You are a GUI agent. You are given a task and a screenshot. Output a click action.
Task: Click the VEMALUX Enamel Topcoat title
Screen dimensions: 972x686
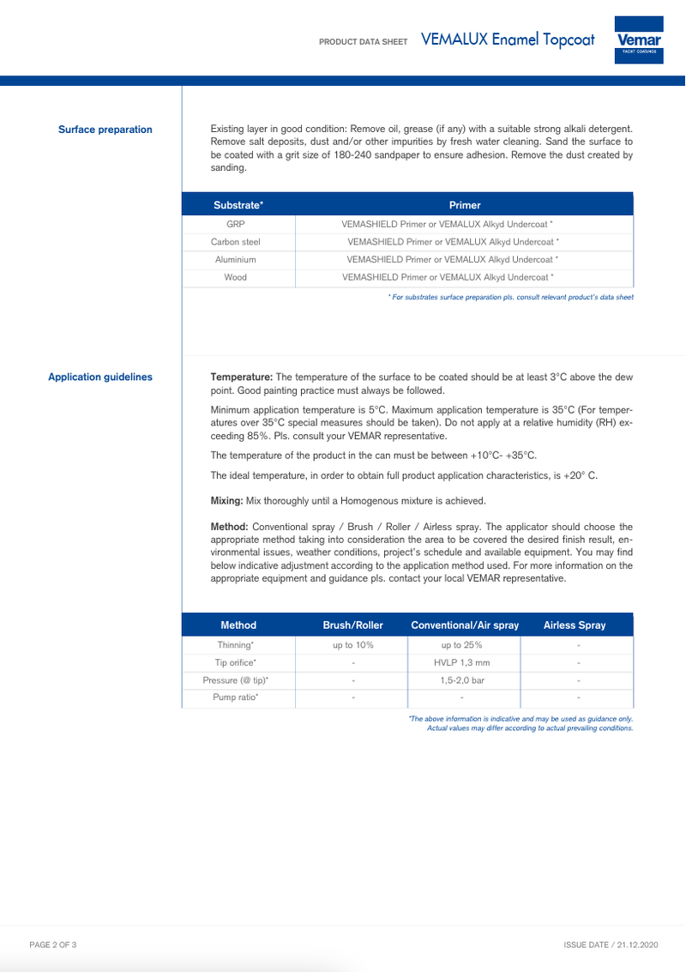(x=508, y=40)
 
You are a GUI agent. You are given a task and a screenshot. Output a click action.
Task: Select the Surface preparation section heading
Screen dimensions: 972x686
(x=105, y=130)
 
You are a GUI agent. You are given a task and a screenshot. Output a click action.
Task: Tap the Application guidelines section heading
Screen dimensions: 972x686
(x=100, y=377)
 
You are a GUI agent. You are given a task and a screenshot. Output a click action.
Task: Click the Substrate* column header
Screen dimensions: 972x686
(x=238, y=205)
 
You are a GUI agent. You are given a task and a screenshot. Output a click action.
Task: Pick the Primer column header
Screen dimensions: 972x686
(x=465, y=205)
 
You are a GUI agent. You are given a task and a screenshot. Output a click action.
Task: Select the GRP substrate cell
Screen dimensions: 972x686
(x=235, y=224)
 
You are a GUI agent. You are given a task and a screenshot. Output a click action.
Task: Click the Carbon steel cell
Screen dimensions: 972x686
(x=235, y=242)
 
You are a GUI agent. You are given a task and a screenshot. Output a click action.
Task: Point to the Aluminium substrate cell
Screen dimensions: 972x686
(x=235, y=259)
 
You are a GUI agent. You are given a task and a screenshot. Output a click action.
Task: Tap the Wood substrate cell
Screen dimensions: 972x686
(x=235, y=277)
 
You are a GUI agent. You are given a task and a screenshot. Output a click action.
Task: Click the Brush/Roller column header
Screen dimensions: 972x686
(x=352, y=625)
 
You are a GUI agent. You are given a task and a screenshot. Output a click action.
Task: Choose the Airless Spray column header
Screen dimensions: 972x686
(x=575, y=625)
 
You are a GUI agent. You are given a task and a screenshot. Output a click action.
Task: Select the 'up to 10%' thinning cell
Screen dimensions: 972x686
(x=352, y=644)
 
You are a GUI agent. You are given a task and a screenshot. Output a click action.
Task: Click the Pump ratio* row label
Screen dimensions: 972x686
(x=235, y=697)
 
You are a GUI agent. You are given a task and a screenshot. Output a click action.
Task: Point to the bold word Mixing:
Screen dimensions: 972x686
(x=227, y=500)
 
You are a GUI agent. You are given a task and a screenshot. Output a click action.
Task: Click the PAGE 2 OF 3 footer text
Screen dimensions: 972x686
(x=53, y=945)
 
